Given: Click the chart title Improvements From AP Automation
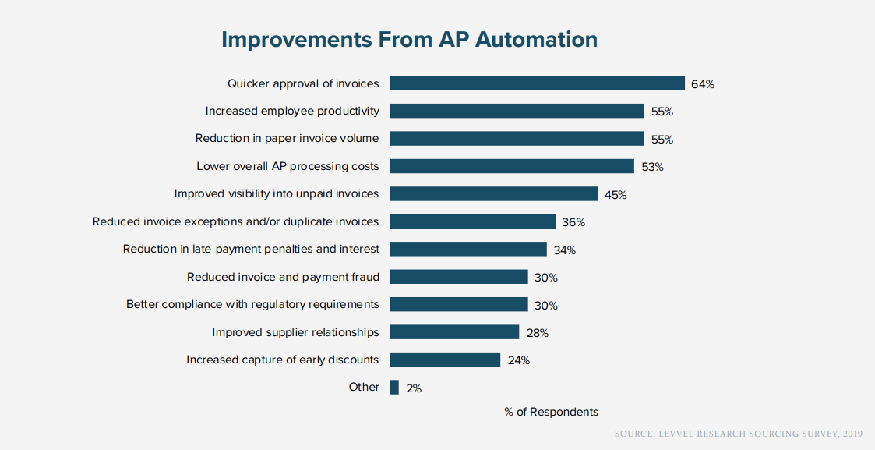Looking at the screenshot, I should click(x=409, y=40).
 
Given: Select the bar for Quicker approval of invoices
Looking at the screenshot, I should click(x=537, y=83).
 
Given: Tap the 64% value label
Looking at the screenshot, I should click(x=702, y=84).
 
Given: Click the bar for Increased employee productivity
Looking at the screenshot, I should click(x=517, y=111).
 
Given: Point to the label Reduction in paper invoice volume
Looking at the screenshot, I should click(x=287, y=138).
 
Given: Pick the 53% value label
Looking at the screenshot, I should click(x=652, y=167).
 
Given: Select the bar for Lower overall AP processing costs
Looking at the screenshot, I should click(x=512, y=166).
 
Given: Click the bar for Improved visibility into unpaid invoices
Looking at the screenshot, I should click(x=493, y=194).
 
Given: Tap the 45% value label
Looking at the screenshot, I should click(x=616, y=195).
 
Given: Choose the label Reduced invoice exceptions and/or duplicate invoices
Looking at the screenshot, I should click(x=235, y=221).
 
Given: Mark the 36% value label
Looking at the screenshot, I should click(x=573, y=222).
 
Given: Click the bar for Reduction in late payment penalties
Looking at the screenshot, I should click(x=467, y=249).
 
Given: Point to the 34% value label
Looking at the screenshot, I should click(x=564, y=250).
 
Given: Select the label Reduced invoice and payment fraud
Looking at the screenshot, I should click(x=283, y=277).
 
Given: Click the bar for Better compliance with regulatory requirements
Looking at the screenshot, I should click(x=459, y=304).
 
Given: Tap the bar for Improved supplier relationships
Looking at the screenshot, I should click(x=454, y=332).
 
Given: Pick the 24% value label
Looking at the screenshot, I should click(x=518, y=360).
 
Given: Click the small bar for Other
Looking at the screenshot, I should click(x=394, y=387).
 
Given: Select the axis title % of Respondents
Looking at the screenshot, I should click(x=551, y=412).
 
